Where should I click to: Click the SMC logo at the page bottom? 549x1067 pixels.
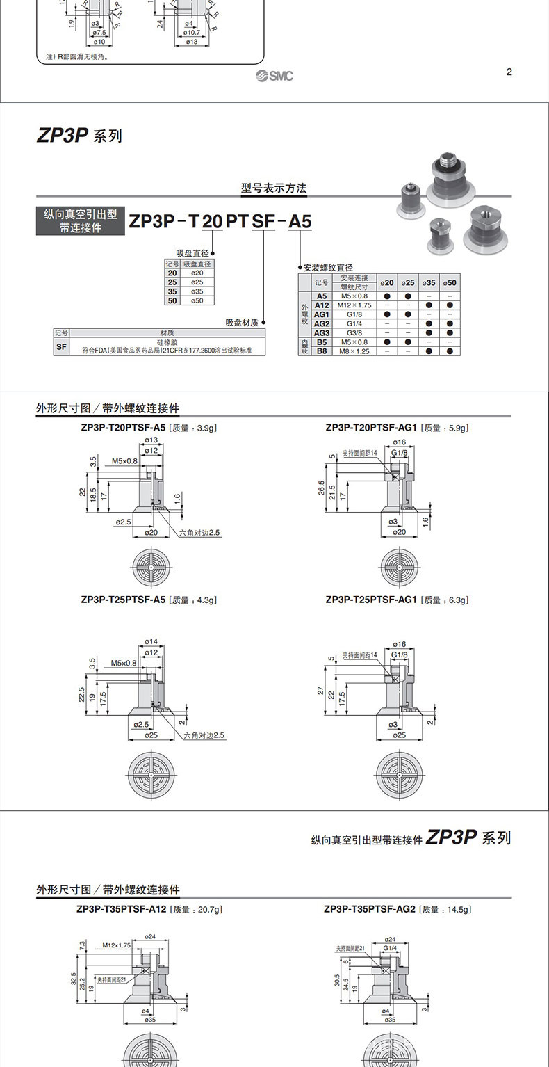tap(274, 75)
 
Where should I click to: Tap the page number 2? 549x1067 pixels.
tap(509, 72)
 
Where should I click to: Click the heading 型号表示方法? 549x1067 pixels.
tap(273, 188)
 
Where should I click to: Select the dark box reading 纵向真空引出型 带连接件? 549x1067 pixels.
tap(81, 221)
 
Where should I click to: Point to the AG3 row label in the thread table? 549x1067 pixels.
tap(321, 332)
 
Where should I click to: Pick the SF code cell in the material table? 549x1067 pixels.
tap(62, 346)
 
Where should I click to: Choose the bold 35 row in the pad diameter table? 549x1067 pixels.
tap(172, 291)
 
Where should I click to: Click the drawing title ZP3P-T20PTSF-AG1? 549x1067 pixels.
tap(370, 428)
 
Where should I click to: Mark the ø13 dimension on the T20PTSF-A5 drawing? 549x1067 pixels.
tap(150, 441)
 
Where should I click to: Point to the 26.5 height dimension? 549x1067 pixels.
tap(321, 488)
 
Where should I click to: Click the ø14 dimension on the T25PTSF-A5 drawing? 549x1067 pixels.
tap(150, 641)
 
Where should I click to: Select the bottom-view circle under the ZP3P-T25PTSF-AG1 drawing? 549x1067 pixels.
tap(399, 774)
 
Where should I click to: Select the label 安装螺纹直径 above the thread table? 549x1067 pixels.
tap(327, 267)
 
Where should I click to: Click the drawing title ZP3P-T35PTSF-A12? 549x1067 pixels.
tap(122, 909)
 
